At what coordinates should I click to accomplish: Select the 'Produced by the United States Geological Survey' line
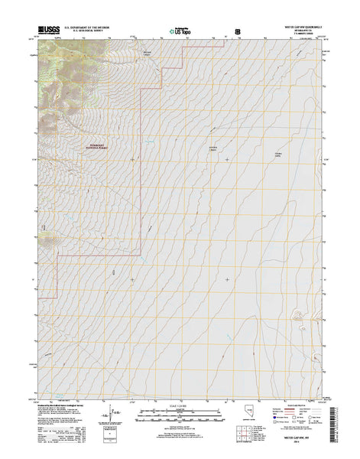coord(57,406)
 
